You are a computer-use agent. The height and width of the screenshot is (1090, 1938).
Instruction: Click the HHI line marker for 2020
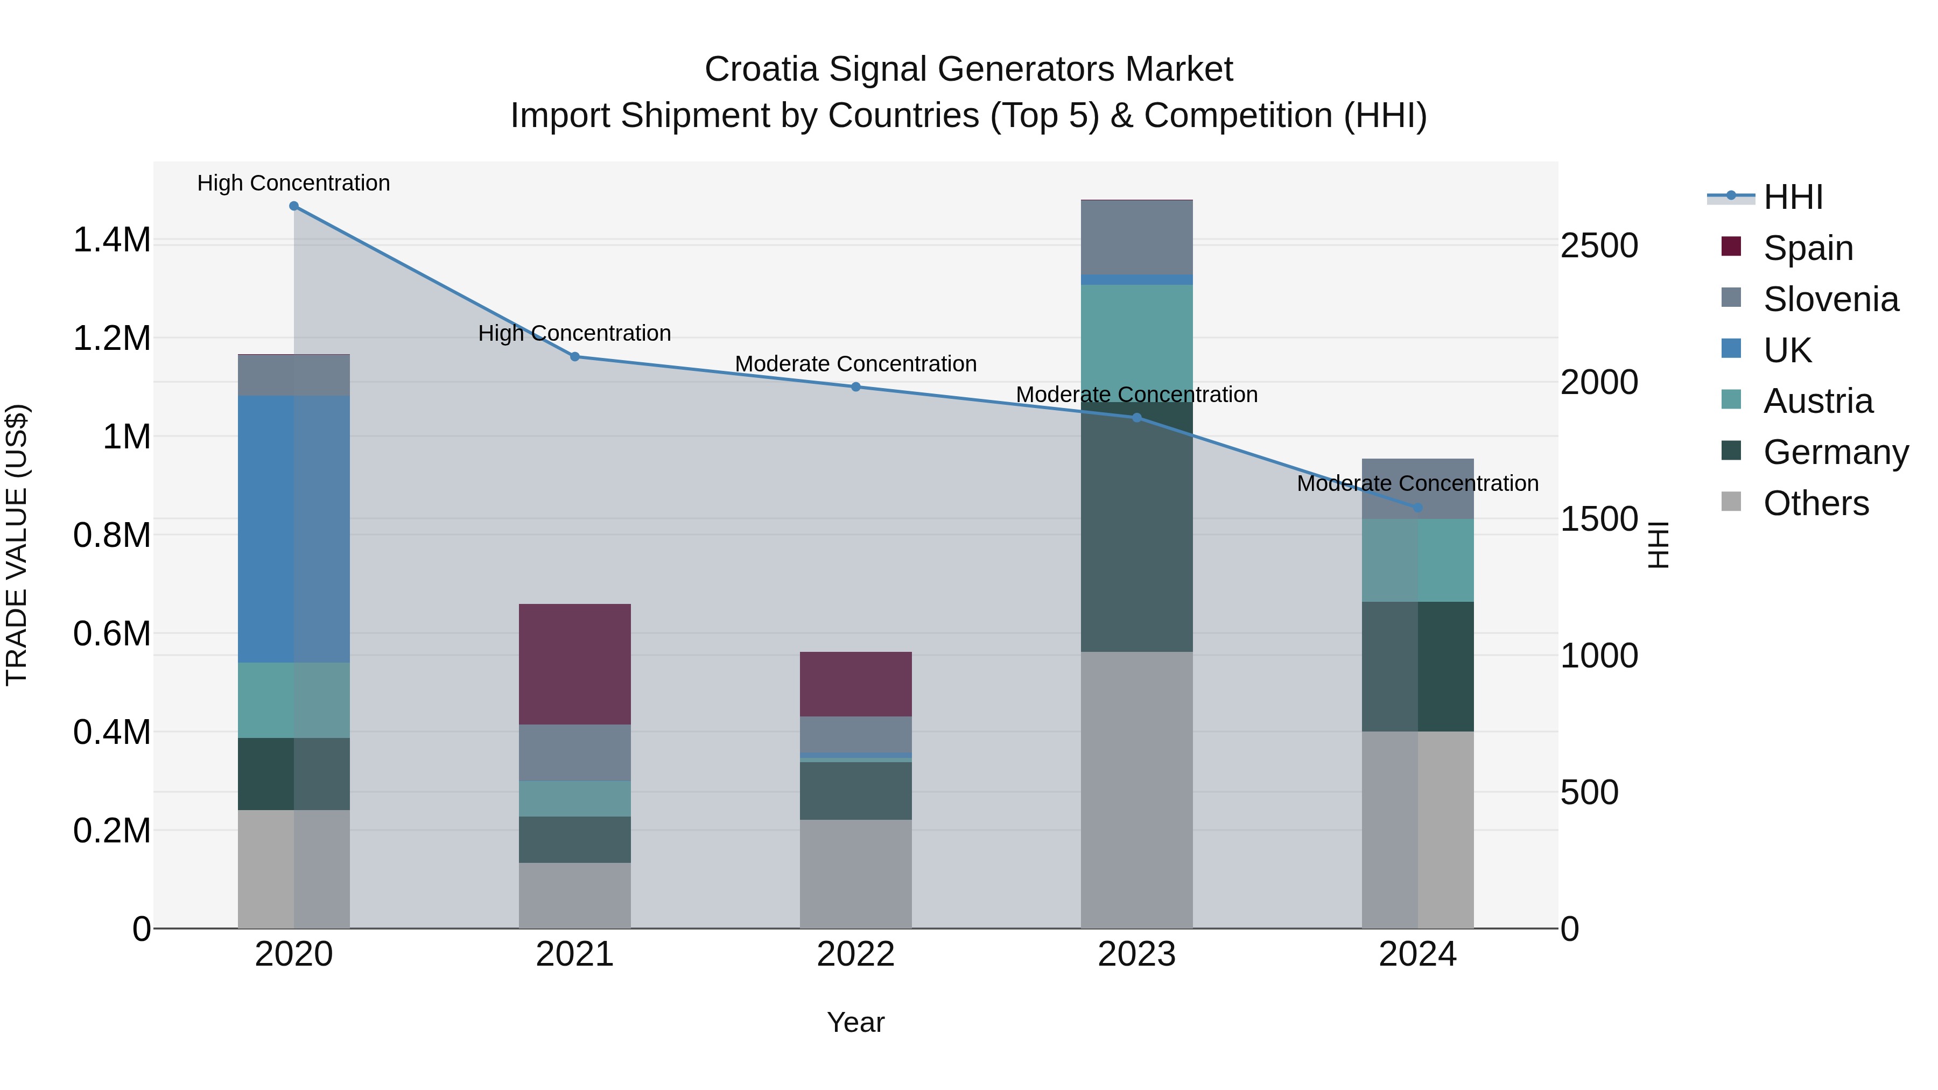[x=293, y=206]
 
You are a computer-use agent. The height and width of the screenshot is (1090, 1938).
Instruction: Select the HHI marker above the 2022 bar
[x=855, y=386]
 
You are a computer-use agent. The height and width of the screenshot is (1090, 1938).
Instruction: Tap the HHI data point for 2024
[x=1417, y=508]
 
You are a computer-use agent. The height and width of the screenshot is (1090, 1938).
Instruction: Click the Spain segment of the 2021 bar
[x=575, y=664]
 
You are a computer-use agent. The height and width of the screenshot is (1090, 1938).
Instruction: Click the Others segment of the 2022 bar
[x=855, y=874]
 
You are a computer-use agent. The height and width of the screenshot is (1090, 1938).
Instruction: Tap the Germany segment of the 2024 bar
[x=1417, y=666]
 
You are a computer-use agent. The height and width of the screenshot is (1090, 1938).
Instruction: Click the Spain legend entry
[x=1807, y=248]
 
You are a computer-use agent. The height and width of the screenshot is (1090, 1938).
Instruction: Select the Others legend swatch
[x=1731, y=502]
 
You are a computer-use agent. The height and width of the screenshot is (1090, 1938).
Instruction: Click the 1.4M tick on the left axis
[x=111, y=241]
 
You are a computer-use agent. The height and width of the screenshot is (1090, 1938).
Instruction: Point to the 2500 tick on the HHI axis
[x=1599, y=246]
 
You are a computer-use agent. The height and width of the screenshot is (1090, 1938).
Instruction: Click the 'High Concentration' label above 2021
[x=575, y=333]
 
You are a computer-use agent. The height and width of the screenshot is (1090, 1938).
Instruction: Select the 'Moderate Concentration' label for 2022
[x=855, y=364]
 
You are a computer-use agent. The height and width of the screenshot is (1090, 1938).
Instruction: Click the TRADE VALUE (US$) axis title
[x=17, y=545]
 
